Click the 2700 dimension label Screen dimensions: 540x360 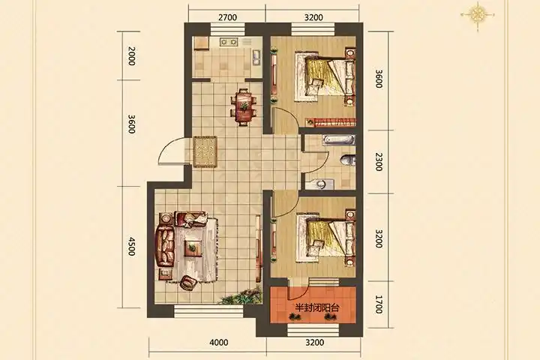(x=228, y=17)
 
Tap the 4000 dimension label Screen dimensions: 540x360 (x=219, y=343)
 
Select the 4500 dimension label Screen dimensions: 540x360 (x=131, y=246)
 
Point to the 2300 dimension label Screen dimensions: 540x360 (x=378, y=162)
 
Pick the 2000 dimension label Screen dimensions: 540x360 (x=131, y=55)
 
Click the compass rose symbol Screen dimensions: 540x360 (x=478, y=14)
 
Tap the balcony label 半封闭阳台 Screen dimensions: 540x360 (x=316, y=307)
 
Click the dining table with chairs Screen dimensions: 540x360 (x=244, y=106)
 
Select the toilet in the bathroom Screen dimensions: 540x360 (x=347, y=160)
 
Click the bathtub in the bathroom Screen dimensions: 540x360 (x=339, y=139)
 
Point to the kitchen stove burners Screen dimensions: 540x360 (x=229, y=42)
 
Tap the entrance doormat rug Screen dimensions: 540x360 (x=205, y=152)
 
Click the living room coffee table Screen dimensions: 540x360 (x=193, y=248)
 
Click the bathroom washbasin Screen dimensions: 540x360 (x=320, y=184)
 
